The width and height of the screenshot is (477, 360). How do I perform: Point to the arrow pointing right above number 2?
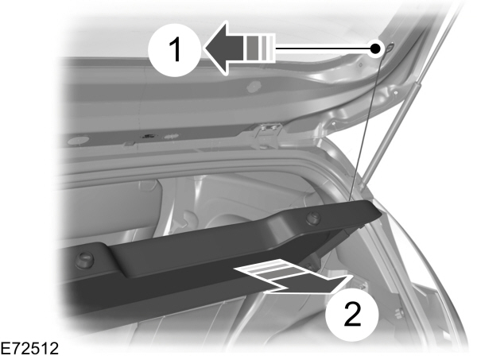point(318,280)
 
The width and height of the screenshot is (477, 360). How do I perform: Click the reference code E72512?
point(29,348)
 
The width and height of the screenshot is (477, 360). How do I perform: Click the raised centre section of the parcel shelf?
point(238,242)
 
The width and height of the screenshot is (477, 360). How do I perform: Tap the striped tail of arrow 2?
point(266,274)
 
